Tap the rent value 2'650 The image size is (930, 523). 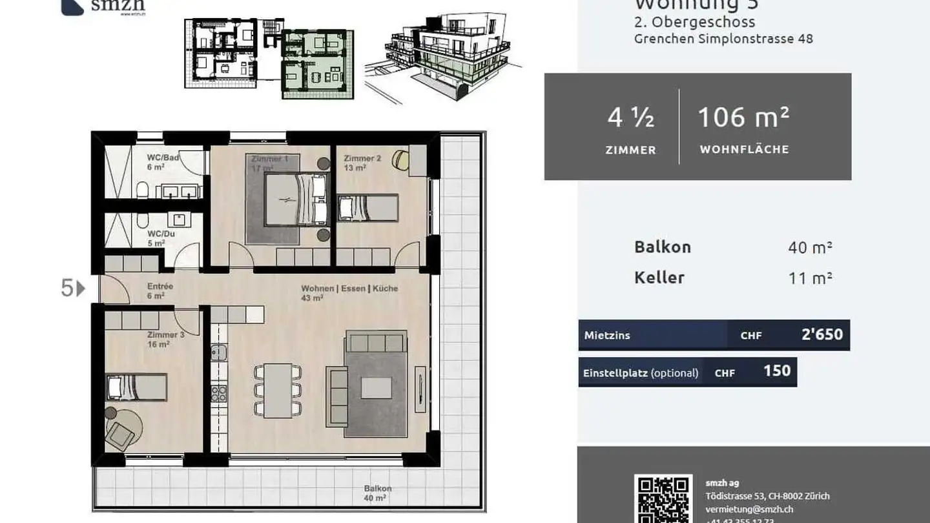tap(821, 334)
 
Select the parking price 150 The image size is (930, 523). tap(777, 371)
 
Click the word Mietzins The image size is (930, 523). tap(606, 335)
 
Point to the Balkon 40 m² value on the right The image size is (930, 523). tap(810, 247)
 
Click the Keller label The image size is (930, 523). tap(659, 278)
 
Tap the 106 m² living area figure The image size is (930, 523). tap(743, 118)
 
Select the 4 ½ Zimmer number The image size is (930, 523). tap(630, 118)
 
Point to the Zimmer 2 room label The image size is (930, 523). tap(362, 159)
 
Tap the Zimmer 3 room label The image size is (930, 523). tap(165, 335)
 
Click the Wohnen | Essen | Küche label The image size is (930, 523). tap(349, 289)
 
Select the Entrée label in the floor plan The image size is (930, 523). tap(160, 286)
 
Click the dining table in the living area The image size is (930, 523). tap(278, 390)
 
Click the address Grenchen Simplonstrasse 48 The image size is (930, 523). tap(723, 39)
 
